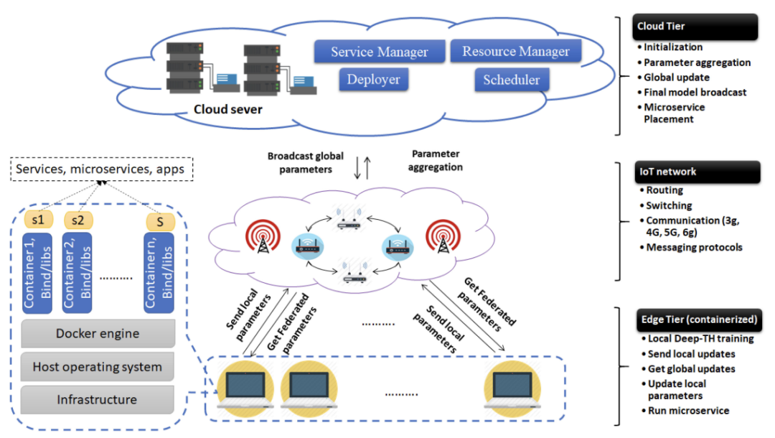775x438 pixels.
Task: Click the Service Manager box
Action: (x=379, y=52)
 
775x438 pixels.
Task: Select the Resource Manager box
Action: (x=515, y=51)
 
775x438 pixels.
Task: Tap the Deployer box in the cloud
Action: (x=373, y=79)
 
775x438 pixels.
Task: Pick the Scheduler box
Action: (x=511, y=80)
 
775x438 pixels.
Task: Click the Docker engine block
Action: (x=98, y=333)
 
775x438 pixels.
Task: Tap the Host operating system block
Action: (x=98, y=367)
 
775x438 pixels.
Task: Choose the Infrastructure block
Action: (x=98, y=399)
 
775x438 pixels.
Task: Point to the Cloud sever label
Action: (x=227, y=110)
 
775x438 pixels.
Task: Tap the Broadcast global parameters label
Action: (x=306, y=162)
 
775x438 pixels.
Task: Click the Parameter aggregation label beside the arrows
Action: (x=436, y=160)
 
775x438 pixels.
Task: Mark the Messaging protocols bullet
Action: (x=694, y=247)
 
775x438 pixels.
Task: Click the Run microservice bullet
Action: (x=688, y=411)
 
